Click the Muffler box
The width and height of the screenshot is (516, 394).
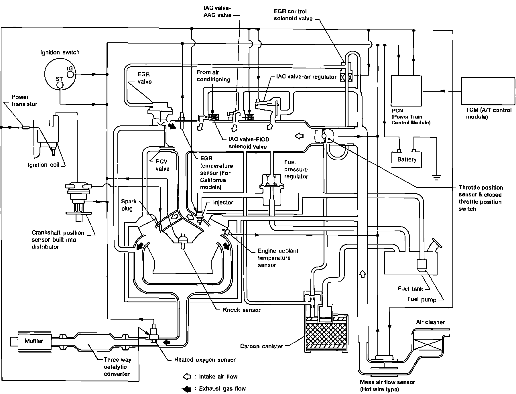tap(34, 341)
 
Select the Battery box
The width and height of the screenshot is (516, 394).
tap(407, 159)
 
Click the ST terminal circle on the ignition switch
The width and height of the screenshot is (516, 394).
tap(60, 85)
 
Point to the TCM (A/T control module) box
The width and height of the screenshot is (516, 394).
tap(486, 91)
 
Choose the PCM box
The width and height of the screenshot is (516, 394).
tap(406, 91)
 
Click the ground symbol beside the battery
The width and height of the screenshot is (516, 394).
tap(437, 178)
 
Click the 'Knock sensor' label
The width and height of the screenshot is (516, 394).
tap(242, 310)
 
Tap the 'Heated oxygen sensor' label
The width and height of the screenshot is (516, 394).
tap(205, 360)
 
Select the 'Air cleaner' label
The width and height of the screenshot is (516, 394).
tap(430, 322)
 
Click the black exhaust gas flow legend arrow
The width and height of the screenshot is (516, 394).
tap(187, 389)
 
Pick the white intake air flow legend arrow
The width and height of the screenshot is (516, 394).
tap(187, 377)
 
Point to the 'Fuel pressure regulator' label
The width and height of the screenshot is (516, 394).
tap(296, 169)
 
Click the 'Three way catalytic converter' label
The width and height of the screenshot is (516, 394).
tap(117, 367)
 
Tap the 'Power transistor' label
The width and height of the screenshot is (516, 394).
tap(24, 100)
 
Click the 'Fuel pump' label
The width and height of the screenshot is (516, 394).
tap(422, 300)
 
